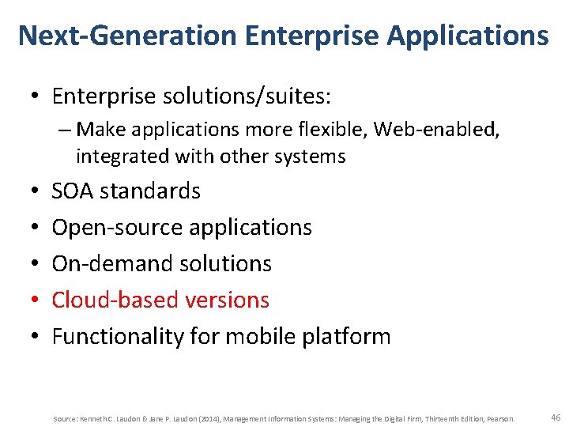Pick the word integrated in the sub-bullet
(x=116, y=157)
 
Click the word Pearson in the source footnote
(x=503, y=418)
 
